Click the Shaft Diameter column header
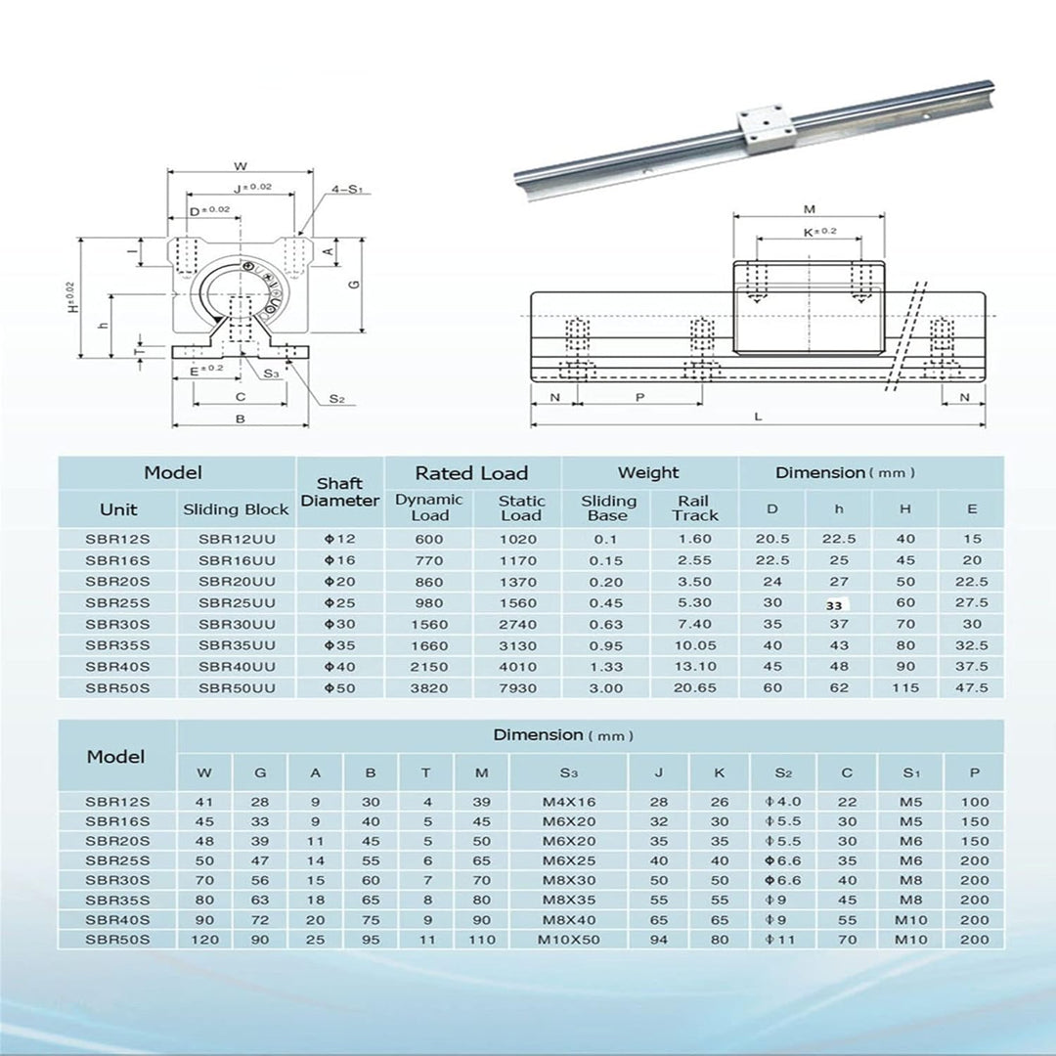click(339, 492)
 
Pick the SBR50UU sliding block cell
click(237, 687)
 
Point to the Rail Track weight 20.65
click(694, 687)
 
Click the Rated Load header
click(471, 473)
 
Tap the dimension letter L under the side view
click(758, 416)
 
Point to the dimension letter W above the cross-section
click(241, 164)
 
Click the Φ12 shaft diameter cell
click(339, 539)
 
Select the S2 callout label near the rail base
click(336, 398)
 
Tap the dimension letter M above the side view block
click(809, 209)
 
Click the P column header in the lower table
click(974, 772)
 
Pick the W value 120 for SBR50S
click(204, 940)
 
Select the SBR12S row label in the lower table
click(117, 802)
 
